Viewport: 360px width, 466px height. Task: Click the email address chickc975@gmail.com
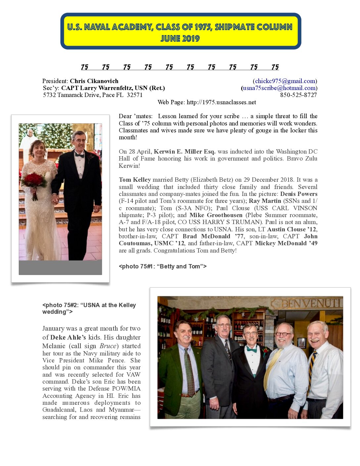tap(285, 81)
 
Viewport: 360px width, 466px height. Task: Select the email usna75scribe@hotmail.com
tap(279, 88)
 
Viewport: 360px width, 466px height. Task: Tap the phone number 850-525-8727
tap(298, 95)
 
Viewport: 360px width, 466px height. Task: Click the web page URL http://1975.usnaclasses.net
tap(221, 102)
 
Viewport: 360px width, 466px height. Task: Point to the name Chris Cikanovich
tap(94, 81)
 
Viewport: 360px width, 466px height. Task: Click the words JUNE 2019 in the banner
tap(180, 39)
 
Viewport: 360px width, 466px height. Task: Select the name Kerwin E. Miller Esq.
tap(185, 152)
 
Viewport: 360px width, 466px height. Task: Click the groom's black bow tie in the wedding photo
tap(79, 155)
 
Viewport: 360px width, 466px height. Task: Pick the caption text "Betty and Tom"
tap(180, 266)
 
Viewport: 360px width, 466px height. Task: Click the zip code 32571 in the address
tap(135, 95)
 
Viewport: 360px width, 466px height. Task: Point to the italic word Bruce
tap(108, 346)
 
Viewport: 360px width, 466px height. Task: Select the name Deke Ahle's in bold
tap(68, 338)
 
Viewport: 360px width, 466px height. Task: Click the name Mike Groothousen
tap(216, 215)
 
